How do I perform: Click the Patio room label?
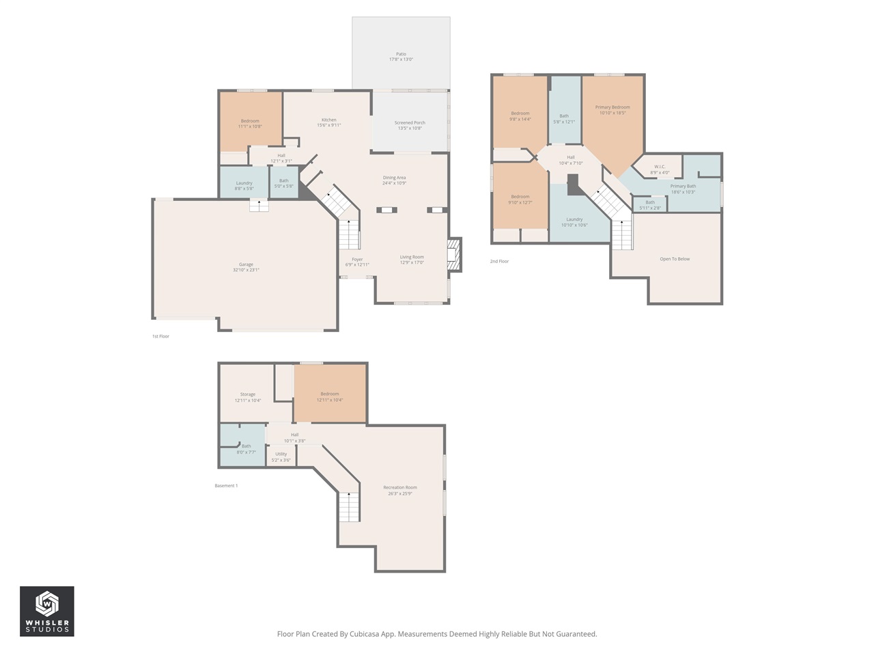tap(401, 54)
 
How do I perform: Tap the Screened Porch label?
tap(410, 123)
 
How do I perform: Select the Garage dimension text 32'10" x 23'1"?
tap(246, 270)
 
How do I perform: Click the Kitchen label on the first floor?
tap(328, 120)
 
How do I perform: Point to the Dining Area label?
tap(394, 178)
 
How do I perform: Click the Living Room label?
tap(412, 257)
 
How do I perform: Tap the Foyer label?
tap(357, 260)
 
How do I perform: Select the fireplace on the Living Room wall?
tap(454, 255)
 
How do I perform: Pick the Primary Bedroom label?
tap(612, 107)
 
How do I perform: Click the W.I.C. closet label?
tap(660, 167)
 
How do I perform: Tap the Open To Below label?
tap(675, 259)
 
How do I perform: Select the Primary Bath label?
tap(683, 187)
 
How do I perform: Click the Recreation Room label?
tap(400, 488)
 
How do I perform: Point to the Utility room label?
tap(281, 454)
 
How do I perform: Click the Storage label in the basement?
tap(248, 394)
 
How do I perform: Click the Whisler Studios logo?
tap(47, 611)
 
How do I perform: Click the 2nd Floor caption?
tap(499, 261)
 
